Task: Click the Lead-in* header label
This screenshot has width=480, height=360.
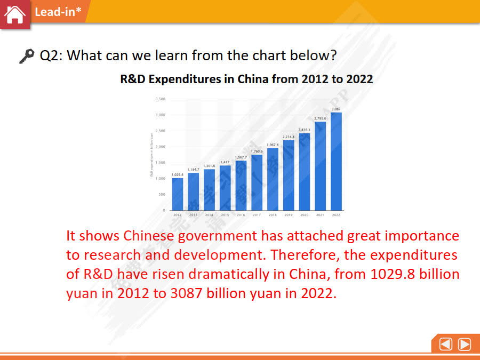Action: click(x=55, y=12)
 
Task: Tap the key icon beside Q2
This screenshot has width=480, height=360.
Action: click(x=26, y=56)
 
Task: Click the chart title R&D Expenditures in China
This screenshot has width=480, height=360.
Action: click(x=246, y=79)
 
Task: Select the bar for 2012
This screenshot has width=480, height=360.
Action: click(x=178, y=194)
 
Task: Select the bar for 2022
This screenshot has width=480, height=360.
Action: click(x=336, y=161)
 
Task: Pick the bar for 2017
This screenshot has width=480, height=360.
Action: click(x=257, y=182)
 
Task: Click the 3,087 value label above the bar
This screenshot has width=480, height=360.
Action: click(x=336, y=109)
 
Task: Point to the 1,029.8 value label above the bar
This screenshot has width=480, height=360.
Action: click(x=178, y=174)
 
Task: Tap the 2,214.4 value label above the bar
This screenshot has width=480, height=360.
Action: click(x=289, y=137)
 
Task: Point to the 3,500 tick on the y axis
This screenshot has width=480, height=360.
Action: click(x=160, y=99)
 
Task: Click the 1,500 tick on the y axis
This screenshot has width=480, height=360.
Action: click(x=160, y=163)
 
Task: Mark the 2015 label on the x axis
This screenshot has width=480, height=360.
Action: click(x=225, y=214)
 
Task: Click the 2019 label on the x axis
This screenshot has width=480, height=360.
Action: click(x=289, y=214)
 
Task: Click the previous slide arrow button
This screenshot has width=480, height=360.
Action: click(x=446, y=345)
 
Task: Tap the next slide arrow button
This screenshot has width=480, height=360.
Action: click(x=465, y=345)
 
